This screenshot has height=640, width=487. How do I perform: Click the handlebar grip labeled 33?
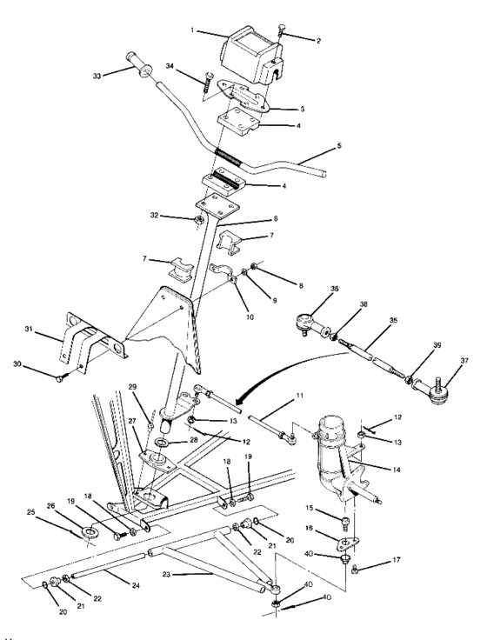(139, 65)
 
